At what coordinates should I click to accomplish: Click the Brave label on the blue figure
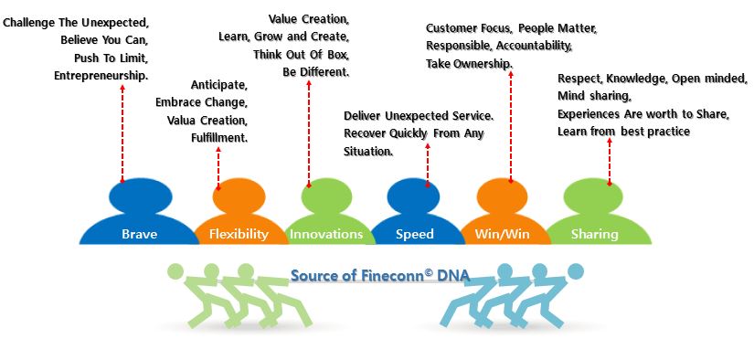tap(140, 234)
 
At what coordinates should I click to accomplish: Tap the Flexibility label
tap(239, 234)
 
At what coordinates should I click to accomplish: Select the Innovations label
tap(325, 234)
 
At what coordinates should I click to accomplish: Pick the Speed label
tap(415, 234)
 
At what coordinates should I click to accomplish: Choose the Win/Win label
tap(502, 234)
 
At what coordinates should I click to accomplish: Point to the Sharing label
tap(594, 234)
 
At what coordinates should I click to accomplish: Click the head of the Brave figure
tap(141, 196)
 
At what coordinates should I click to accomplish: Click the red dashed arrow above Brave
tap(122, 133)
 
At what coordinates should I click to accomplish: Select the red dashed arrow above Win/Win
tap(511, 127)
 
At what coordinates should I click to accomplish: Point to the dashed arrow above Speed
tap(428, 164)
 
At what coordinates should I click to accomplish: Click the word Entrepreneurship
tap(101, 76)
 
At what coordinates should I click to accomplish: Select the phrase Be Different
tap(315, 72)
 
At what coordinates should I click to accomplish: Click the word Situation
tap(368, 151)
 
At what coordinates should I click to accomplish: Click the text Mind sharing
tap(594, 96)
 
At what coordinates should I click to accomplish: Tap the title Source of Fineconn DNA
tap(380, 275)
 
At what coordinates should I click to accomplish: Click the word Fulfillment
tap(219, 138)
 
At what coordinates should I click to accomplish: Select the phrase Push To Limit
tap(111, 58)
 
